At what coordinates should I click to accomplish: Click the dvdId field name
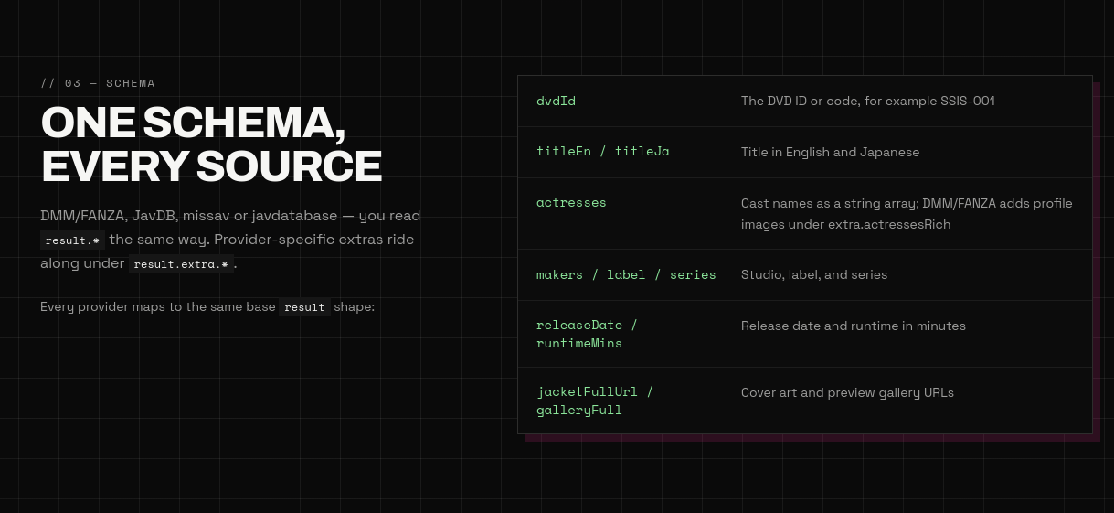tap(556, 101)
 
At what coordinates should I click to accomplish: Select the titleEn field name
tap(564, 151)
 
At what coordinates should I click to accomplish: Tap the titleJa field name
tap(642, 151)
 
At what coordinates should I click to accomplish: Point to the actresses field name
tap(571, 203)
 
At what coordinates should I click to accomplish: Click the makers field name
tap(559, 274)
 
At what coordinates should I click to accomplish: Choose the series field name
tap(693, 274)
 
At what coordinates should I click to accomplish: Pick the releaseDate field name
tap(579, 326)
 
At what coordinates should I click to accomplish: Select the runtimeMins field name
tap(579, 343)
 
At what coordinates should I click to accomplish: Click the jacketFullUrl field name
tap(587, 392)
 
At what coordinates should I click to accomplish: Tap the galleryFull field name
tap(579, 411)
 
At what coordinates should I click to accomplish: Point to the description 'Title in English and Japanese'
tap(830, 153)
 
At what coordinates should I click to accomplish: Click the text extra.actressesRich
tap(889, 224)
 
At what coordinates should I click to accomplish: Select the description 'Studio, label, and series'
tap(814, 274)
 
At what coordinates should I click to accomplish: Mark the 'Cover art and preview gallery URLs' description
tap(847, 393)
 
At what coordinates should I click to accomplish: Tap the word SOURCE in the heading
tap(289, 166)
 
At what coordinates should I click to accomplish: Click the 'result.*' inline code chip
tap(72, 240)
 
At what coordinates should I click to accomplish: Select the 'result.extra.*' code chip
tap(181, 264)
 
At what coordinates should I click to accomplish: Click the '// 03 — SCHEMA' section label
tap(98, 83)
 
